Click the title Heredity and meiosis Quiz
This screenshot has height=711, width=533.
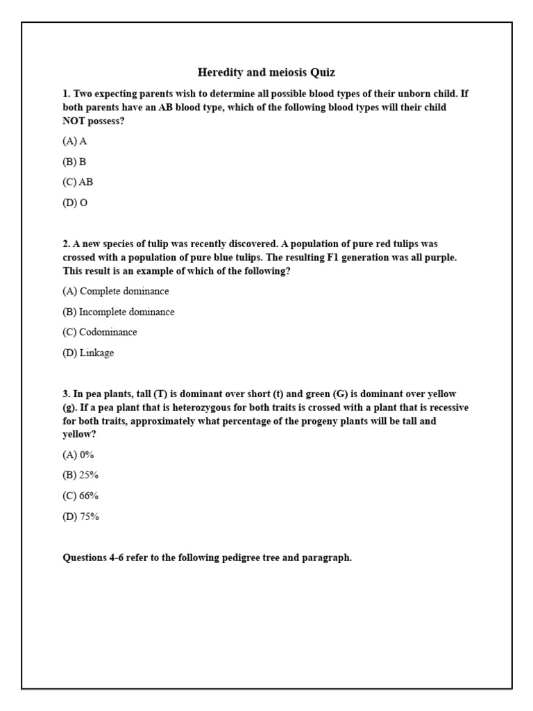point(266,72)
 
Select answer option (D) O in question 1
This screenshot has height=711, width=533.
point(75,203)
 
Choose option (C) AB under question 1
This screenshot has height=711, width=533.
point(78,183)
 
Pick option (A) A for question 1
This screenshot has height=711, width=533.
point(75,141)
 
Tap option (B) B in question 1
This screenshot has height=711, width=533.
point(74,162)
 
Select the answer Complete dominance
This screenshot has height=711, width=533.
point(115,291)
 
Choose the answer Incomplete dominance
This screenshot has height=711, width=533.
point(119,312)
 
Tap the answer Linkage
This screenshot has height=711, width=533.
point(88,353)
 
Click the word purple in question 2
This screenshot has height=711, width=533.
point(442,258)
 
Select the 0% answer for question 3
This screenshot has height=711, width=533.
point(78,455)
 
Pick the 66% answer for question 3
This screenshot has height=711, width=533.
point(81,496)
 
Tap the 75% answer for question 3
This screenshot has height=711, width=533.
point(81,517)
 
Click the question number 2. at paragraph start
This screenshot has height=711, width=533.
point(67,244)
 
